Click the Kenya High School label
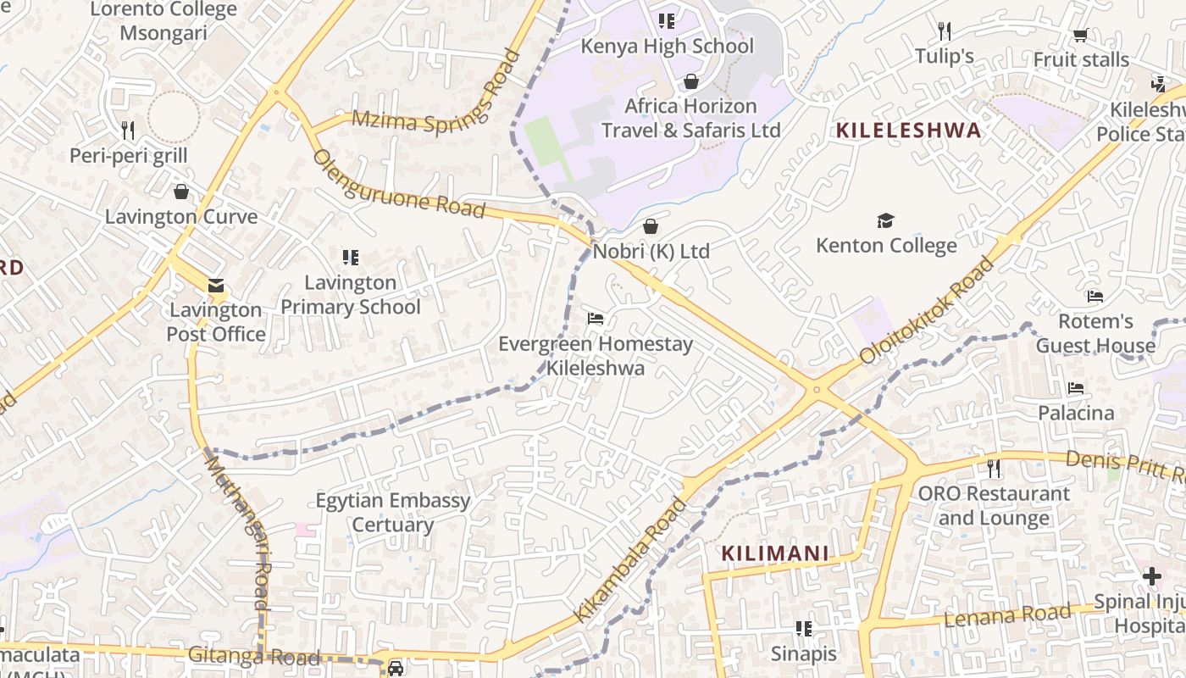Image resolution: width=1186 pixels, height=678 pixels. coord(667,46)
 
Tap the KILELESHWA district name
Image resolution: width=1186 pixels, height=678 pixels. coord(908,131)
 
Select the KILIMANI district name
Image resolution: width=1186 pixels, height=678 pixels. coord(774,554)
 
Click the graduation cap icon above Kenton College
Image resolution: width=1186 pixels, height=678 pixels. coord(885,221)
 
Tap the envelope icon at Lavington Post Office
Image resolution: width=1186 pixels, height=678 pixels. coord(216,286)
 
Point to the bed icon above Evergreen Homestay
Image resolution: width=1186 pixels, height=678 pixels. coord(596,319)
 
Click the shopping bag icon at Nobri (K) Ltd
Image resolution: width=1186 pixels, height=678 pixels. coord(651,226)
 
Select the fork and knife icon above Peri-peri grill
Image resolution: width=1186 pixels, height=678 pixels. coord(128,130)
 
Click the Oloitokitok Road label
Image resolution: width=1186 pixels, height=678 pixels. coord(927,311)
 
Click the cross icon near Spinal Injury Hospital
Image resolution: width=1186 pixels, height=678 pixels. coord(1151,576)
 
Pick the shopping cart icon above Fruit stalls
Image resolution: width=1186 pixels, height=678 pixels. coord(1080,35)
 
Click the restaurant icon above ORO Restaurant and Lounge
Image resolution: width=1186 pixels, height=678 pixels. coord(994,468)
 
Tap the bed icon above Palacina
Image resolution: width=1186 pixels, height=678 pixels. coord(1076,388)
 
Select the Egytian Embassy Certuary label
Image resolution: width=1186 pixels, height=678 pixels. coord(392,512)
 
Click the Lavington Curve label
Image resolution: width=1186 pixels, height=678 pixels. coord(181,217)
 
